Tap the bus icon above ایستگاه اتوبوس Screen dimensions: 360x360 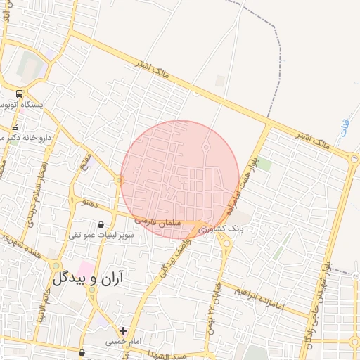(18, 94)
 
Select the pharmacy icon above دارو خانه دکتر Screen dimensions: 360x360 (15, 128)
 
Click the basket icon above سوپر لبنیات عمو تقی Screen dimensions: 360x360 (101, 225)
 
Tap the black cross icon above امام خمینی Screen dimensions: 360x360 (124, 330)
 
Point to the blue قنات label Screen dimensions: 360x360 (342, 128)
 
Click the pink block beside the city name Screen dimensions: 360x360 (85, 268)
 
